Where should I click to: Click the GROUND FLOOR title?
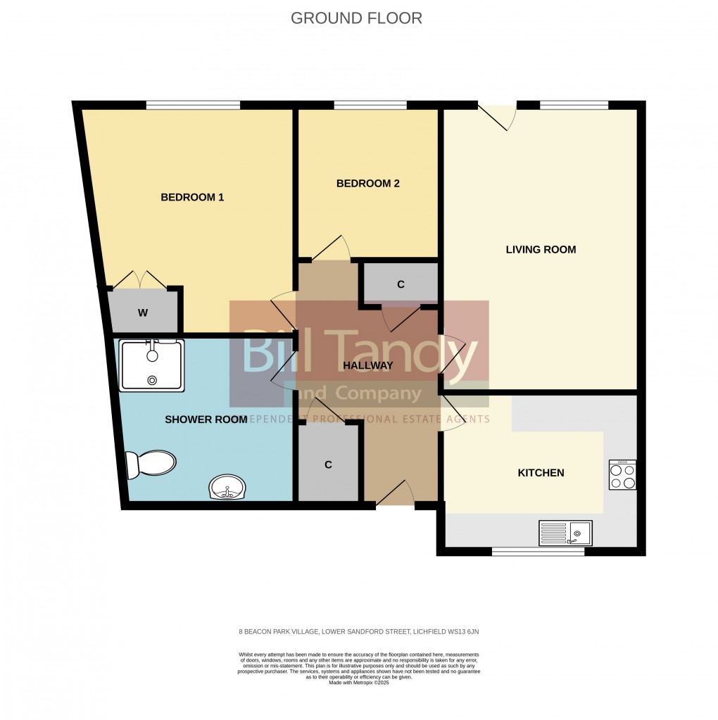(356, 18)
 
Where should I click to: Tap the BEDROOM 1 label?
(192, 197)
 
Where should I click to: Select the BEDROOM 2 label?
(367, 184)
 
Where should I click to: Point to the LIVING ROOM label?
(541, 249)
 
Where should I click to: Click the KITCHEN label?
(541, 473)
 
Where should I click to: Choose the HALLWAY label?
(367, 365)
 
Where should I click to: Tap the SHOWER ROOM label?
(206, 419)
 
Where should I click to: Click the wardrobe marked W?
(143, 313)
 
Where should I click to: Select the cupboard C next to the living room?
(400, 284)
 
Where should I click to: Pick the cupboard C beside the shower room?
(328, 465)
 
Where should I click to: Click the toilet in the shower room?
(150, 465)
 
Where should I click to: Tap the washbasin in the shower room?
(227, 488)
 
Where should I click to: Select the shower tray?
(152, 365)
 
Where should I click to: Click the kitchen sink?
(565, 533)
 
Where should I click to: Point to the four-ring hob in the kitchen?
(622, 475)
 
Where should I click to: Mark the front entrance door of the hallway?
(396, 497)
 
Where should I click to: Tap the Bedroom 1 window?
(193, 106)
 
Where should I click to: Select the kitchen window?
(538, 551)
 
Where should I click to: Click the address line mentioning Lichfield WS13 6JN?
(359, 631)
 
